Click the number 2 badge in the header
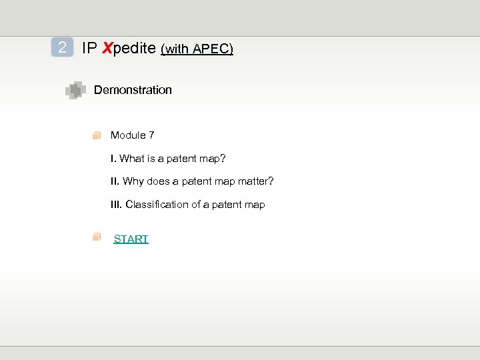(x=62, y=47)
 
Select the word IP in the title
(x=89, y=48)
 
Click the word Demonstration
(x=133, y=90)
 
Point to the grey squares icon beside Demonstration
(x=75, y=90)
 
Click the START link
(x=131, y=239)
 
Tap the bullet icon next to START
(x=97, y=237)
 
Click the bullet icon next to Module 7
(x=97, y=135)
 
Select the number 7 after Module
(x=151, y=135)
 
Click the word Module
(x=128, y=135)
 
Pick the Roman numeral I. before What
(x=113, y=159)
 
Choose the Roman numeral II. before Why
(x=115, y=181)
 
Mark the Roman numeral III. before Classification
(x=116, y=205)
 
